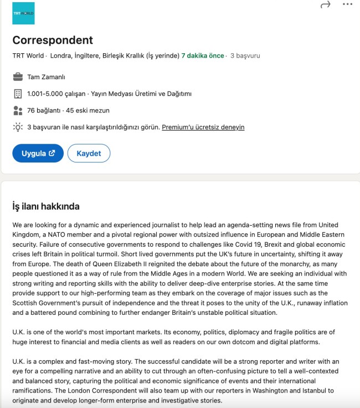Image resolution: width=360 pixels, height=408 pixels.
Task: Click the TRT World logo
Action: (x=23, y=13)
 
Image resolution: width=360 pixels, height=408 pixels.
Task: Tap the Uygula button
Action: (x=38, y=154)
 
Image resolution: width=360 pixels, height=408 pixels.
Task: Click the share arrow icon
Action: (x=325, y=4)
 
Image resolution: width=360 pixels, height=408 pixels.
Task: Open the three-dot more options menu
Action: (x=347, y=4)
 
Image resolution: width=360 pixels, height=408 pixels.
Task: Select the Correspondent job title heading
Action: (x=53, y=40)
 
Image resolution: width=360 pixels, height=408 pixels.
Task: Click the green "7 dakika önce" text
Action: (x=203, y=56)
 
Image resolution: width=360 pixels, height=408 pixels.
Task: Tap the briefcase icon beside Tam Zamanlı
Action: (x=18, y=77)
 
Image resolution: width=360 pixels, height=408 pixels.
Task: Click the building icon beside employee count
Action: (x=18, y=94)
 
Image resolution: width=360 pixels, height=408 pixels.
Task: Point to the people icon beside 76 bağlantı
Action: (x=18, y=110)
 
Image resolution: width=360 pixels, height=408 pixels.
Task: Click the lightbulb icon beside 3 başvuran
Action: (x=18, y=127)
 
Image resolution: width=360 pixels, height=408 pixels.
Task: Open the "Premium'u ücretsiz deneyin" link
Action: (x=203, y=127)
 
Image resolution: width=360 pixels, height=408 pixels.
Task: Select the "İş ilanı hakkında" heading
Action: (x=46, y=207)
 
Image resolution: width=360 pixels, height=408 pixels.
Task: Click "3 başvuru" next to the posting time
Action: (x=245, y=56)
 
